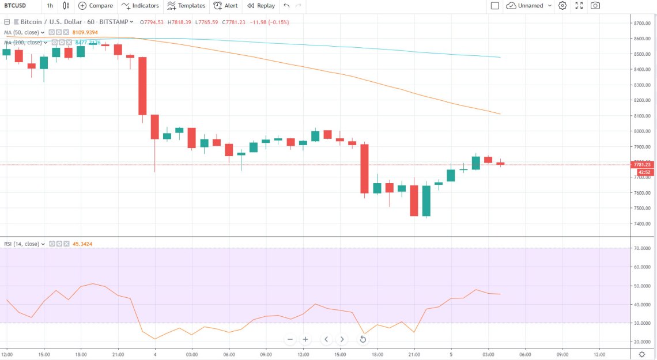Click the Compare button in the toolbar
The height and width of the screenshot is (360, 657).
coord(96,6)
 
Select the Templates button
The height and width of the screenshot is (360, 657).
coord(186,6)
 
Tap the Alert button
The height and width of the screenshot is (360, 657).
coord(225,6)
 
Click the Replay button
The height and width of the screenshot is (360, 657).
coord(261,6)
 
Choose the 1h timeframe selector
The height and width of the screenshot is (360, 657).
coord(50,6)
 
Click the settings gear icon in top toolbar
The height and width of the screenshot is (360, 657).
coord(562,6)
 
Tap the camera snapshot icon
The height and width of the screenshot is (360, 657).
coord(595,6)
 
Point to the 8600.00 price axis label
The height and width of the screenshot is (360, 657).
coord(641,39)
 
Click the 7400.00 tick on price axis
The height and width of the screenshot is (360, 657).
coord(641,223)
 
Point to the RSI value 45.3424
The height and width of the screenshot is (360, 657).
coord(82,244)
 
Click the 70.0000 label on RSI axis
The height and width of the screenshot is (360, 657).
coord(641,248)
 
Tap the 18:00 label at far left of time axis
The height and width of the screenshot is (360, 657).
coord(81,354)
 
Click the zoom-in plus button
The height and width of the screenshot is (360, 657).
coord(305,339)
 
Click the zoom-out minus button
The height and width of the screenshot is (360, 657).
coord(290,339)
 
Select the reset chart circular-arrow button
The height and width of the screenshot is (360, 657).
coord(363,339)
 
